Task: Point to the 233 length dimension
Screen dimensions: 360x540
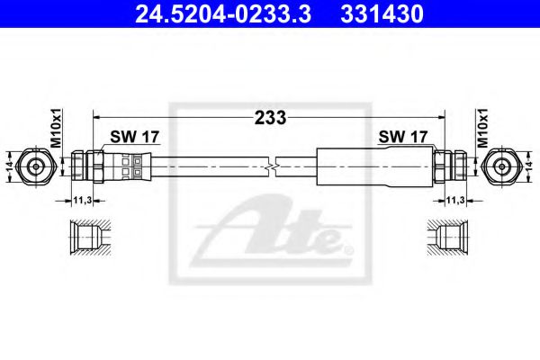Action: click(x=270, y=117)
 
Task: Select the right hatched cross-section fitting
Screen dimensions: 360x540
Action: click(x=447, y=238)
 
